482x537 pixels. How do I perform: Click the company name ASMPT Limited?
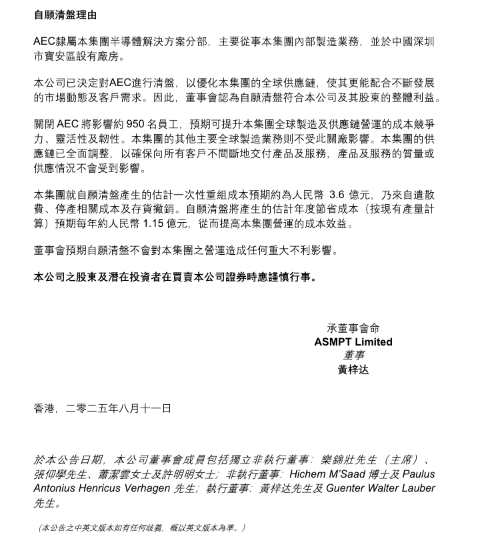pyautogui.click(x=353, y=342)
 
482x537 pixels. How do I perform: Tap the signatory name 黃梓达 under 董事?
pyautogui.click(x=353, y=369)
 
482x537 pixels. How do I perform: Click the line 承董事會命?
pyautogui.click(x=353, y=328)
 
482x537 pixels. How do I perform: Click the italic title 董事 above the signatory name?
pyautogui.click(x=353, y=355)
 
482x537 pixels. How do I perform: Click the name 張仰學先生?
pyautogui.click(x=61, y=474)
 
